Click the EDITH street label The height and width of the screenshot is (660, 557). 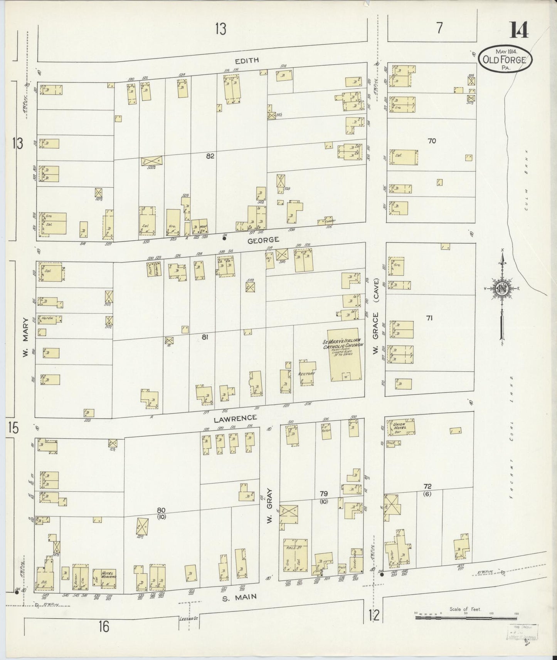click(248, 60)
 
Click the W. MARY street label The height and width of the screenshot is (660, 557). click(25, 337)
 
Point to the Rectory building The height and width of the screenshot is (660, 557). click(308, 373)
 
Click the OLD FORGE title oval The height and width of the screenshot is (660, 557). click(505, 59)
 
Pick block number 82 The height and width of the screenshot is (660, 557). click(210, 156)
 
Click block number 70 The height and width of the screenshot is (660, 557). click(431, 141)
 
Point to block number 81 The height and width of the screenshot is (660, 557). click(205, 337)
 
